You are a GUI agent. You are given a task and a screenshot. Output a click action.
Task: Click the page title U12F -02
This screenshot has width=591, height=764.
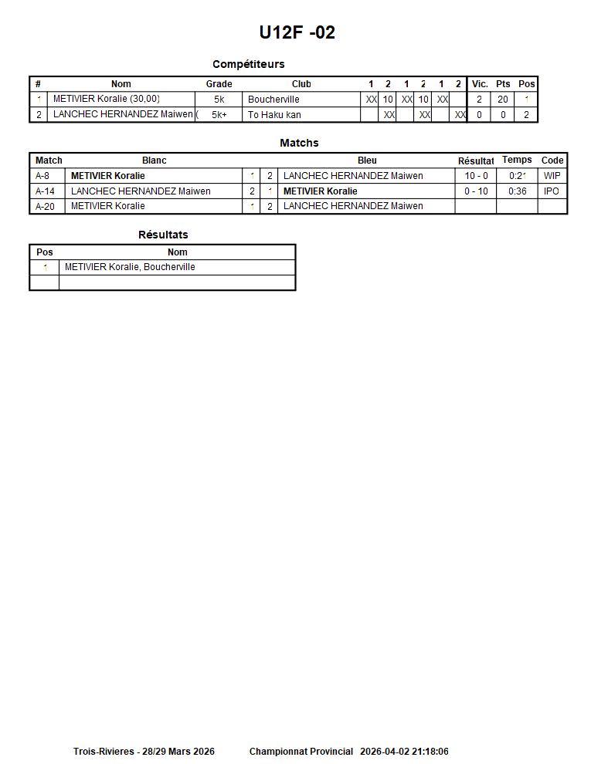297,32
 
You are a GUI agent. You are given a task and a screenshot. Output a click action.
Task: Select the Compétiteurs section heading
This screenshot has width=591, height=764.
249,64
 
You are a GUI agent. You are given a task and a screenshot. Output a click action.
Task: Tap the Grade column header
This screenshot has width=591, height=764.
219,84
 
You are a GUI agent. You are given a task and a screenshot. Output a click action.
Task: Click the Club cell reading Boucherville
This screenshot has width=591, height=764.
273,100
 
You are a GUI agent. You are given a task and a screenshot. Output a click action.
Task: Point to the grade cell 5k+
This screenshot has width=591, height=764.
219,115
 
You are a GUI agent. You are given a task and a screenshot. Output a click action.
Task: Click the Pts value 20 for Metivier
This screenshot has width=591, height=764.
503,100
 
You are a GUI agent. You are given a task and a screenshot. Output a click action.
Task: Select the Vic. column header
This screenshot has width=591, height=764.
480,84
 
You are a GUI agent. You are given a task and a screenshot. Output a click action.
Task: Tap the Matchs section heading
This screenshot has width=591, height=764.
299,143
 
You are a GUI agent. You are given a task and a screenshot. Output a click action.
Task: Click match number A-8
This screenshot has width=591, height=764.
42,176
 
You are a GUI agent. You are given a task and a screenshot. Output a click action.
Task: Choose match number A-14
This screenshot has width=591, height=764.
45,191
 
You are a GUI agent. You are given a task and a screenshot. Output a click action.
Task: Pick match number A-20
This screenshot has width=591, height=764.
45,206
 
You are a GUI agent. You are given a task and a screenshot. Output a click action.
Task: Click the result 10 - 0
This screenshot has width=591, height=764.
476,176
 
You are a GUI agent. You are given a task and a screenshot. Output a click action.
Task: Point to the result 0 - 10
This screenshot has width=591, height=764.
476,191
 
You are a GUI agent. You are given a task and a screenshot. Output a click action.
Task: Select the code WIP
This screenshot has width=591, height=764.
552,176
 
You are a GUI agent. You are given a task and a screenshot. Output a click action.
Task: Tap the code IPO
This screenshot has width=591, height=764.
552,191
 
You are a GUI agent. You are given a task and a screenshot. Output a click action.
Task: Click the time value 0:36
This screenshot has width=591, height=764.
517,191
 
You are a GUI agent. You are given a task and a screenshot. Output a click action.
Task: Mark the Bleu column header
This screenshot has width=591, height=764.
368,161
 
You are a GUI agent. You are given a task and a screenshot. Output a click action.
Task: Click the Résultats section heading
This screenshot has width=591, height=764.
163,235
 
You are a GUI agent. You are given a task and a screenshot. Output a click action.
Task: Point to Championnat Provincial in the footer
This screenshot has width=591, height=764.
301,751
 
